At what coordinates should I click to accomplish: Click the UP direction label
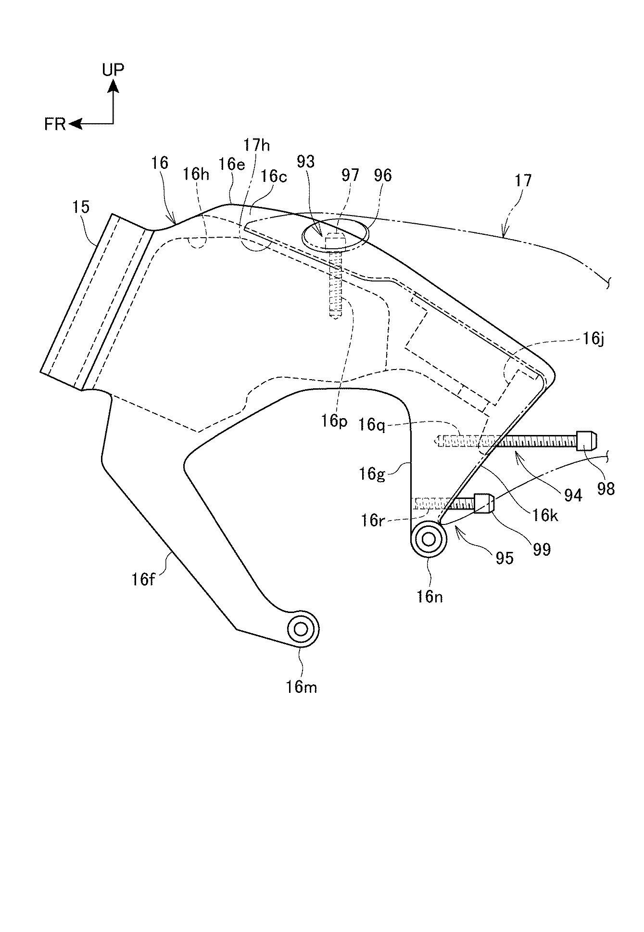click(x=113, y=70)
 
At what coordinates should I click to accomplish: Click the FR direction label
click(x=55, y=124)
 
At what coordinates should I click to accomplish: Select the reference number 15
click(x=81, y=207)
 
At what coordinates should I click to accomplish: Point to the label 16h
click(x=196, y=174)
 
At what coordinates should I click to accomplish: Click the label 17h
click(x=256, y=145)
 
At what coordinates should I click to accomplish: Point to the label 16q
click(x=372, y=425)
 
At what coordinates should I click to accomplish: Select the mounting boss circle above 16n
click(x=428, y=539)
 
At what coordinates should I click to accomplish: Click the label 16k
click(x=545, y=515)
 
